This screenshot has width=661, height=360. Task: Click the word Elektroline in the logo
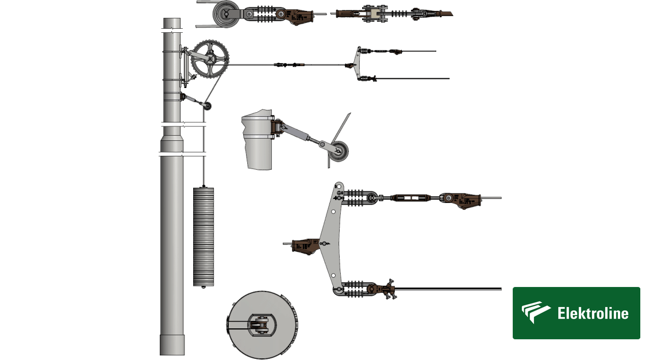tap(593, 313)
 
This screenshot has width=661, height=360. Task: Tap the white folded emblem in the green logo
tap(535, 312)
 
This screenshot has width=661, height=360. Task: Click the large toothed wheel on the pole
tap(210, 59)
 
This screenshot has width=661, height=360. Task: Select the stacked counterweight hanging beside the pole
tap(203, 237)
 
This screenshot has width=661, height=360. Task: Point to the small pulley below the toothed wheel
tap(207, 105)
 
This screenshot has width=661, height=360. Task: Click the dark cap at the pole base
tap(172, 345)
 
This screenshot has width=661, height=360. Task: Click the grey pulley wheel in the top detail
tap(226, 14)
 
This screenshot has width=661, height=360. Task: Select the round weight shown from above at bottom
tap(263, 324)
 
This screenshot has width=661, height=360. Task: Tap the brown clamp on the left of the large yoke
tap(305, 246)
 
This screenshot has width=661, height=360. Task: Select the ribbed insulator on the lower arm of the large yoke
tap(355, 289)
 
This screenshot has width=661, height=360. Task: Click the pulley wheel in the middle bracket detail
tap(339, 151)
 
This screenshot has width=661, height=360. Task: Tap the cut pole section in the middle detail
tap(258, 140)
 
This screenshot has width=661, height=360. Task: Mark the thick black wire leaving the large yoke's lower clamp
tap(448, 289)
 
